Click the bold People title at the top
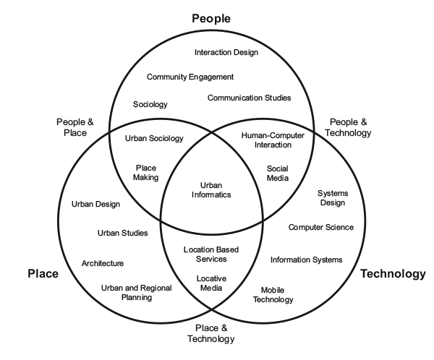(x=210, y=18)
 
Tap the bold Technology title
(x=393, y=274)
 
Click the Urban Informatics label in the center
(x=210, y=189)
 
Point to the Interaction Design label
(x=226, y=52)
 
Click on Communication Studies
(x=249, y=98)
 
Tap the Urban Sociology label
(x=154, y=138)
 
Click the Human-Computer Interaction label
(x=273, y=140)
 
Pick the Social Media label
(x=278, y=173)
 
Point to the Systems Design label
(x=334, y=198)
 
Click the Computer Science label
(x=321, y=227)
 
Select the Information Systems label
(x=306, y=260)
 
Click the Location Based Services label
(x=210, y=254)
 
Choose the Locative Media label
(x=210, y=283)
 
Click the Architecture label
(x=102, y=263)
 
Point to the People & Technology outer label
(x=350, y=128)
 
